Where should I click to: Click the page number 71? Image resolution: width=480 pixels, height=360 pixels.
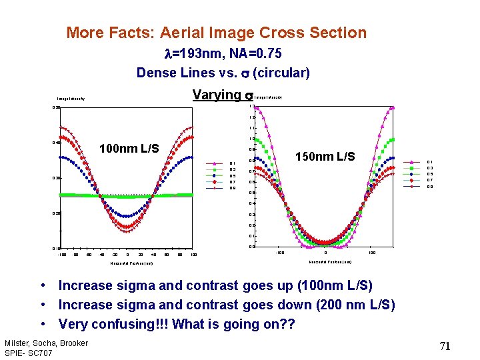(x=445, y=345)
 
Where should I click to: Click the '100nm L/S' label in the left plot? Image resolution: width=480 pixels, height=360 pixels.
(x=129, y=148)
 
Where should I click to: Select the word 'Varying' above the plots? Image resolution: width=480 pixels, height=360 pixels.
(x=216, y=95)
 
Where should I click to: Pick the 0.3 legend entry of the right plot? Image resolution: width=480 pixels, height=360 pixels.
(x=430, y=167)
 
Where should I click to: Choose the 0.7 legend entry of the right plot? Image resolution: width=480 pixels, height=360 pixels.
(x=430, y=180)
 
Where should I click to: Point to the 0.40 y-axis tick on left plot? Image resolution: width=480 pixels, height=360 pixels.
(x=57, y=143)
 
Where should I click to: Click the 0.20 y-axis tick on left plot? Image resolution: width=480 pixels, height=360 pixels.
(x=57, y=213)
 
